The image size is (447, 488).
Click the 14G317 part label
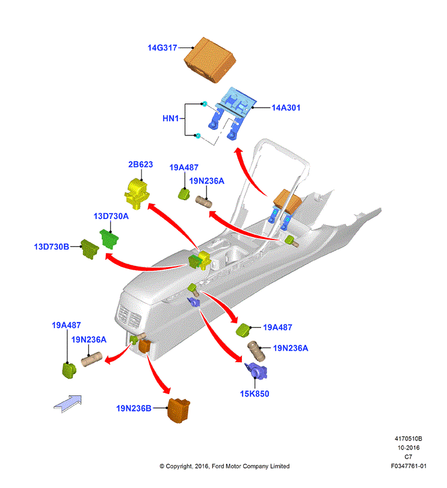pyautogui.click(x=162, y=48)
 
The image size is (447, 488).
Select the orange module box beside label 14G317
pyautogui.click(x=209, y=60)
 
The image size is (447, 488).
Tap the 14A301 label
pyautogui.click(x=286, y=108)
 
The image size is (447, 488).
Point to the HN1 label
pyautogui.click(x=170, y=119)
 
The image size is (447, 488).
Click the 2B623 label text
pyautogui.click(x=141, y=164)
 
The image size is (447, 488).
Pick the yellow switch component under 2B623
pyautogui.click(x=137, y=193)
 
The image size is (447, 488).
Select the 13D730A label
pyautogui.click(x=111, y=216)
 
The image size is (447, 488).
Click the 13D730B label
pyautogui.click(x=51, y=247)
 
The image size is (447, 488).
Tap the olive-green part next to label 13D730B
pyautogui.click(x=90, y=249)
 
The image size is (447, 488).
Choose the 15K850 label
pyautogui.click(x=254, y=394)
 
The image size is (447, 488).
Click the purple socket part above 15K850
pyautogui.click(x=256, y=371)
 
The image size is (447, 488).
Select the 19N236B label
pyautogui.click(x=134, y=409)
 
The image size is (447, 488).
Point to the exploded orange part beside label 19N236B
pyautogui.click(x=179, y=410)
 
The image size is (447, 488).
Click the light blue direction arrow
pyautogui.click(x=68, y=404)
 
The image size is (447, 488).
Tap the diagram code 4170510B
pyautogui.click(x=408, y=439)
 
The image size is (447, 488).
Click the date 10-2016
pyautogui.click(x=408, y=448)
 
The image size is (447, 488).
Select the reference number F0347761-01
pyautogui.click(x=408, y=466)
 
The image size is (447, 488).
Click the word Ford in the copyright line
pyautogui.click(x=218, y=466)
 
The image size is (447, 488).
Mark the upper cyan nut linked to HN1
pyautogui.click(x=205, y=103)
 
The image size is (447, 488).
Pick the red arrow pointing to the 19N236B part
pyautogui.click(x=158, y=374)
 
